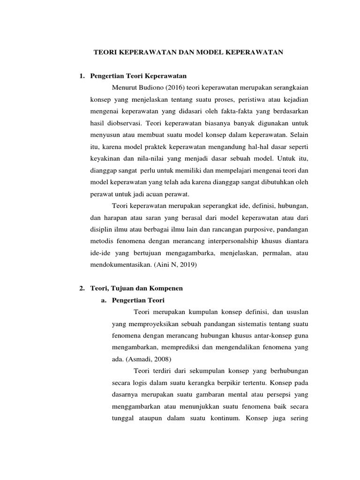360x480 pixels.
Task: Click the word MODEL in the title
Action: [205, 53]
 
